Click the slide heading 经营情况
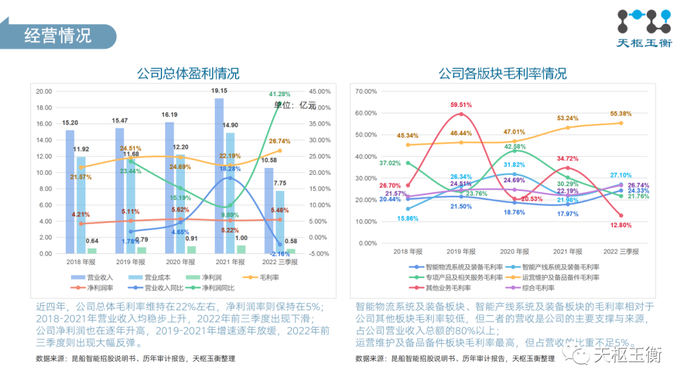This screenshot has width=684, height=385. [x=58, y=35]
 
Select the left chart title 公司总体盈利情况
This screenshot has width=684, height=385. [x=188, y=73]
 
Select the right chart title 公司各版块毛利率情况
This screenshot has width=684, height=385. [x=502, y=73]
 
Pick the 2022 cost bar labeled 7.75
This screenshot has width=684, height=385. [x=280, y=222]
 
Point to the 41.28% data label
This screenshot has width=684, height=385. [x=279, y=94]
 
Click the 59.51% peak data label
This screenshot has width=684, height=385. [x=460, y=104]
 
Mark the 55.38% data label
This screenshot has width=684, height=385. [x=621, y=113]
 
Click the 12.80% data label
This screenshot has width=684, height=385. [x=621, y=225]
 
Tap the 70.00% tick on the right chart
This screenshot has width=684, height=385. [x=366, y=91]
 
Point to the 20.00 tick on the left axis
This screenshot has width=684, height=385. [x=44, y=91]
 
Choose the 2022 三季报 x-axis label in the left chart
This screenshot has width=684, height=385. [x=279, y=262]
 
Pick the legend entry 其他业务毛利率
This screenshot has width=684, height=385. [x=448, y=287]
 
